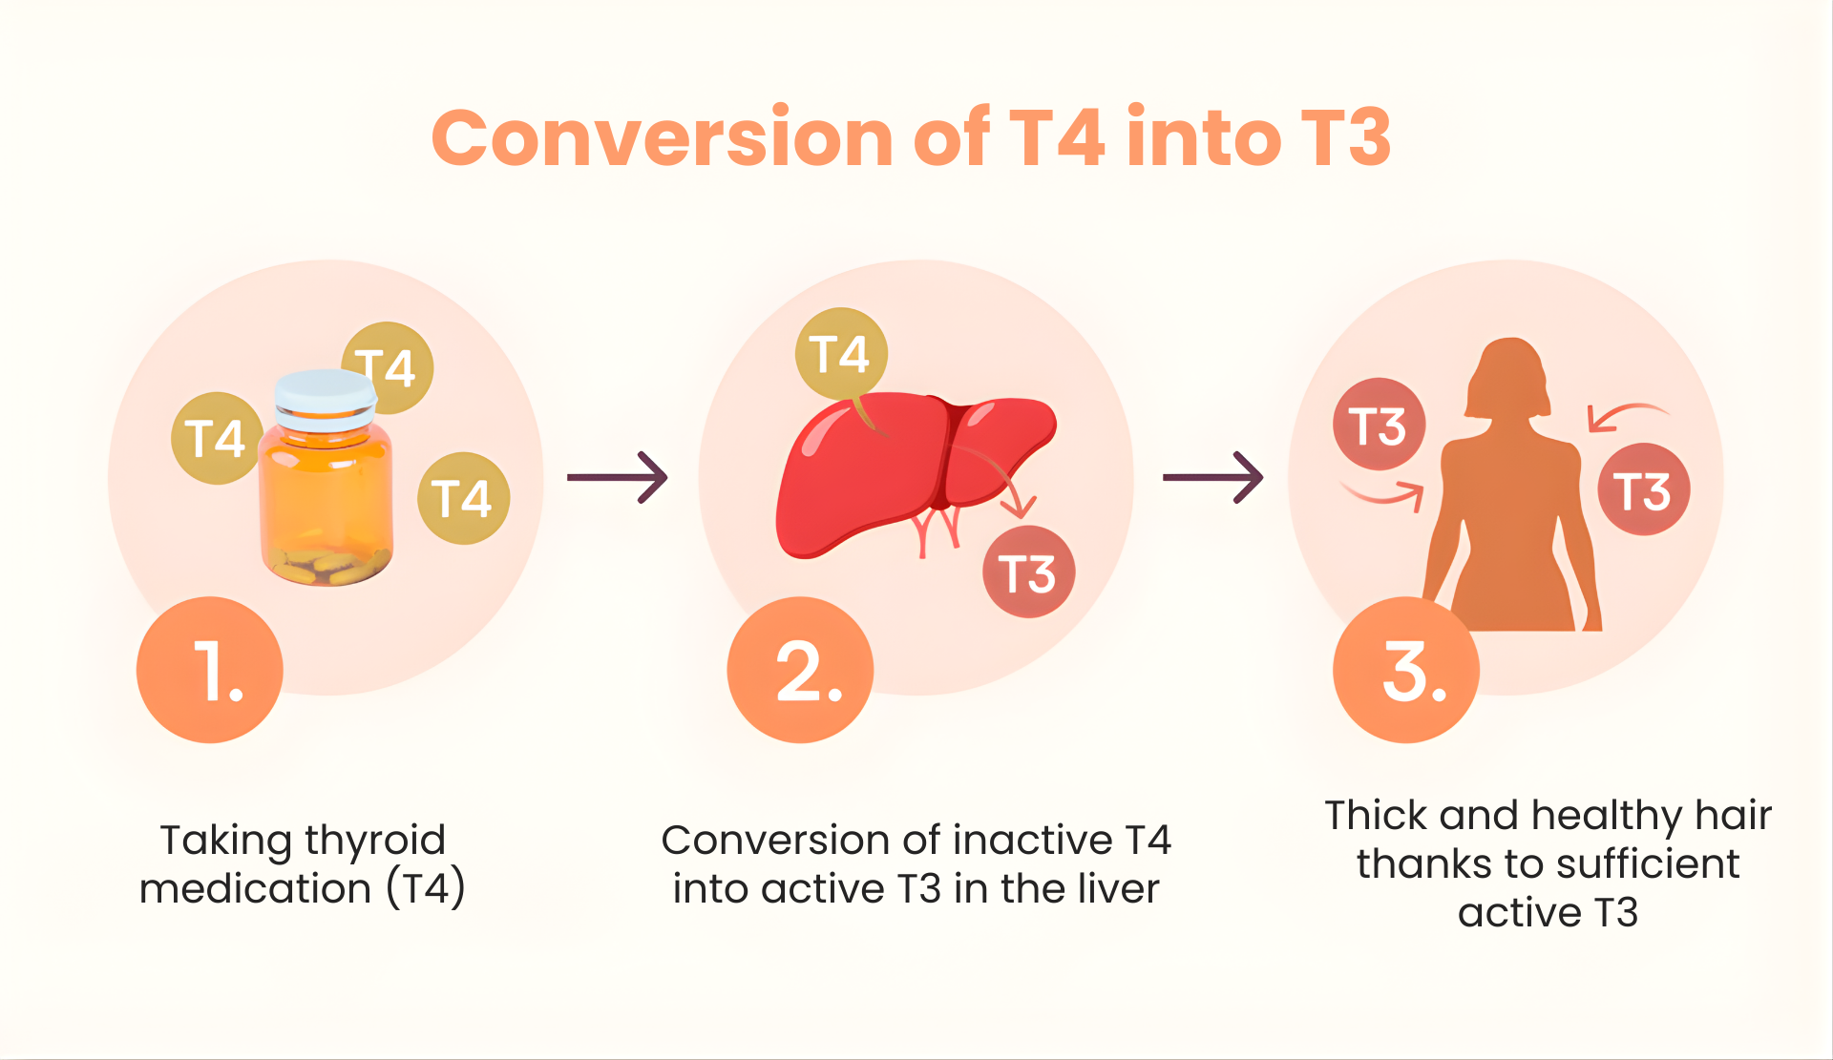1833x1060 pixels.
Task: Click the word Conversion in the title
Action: [x=662, y=137]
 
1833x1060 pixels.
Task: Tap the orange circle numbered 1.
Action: [x=210, y=670]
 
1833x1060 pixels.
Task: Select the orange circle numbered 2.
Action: [x=800, y=670]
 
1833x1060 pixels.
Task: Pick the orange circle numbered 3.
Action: [x=1406, y=670]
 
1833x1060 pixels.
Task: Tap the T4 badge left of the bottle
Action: [x=217, y=438]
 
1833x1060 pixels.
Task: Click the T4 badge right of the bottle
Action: [x=464, y=498]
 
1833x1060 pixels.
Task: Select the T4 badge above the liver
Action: [x=841, y=354]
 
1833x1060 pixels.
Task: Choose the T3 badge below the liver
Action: [x=1029, y=572]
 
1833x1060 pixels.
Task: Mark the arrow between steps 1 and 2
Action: [x=618, y=477]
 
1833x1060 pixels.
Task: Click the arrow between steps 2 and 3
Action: [x=1212, y=477]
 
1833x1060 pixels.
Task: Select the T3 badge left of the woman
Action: [x=1380, y=425]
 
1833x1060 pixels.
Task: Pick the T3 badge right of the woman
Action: [x=1644, y=489]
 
